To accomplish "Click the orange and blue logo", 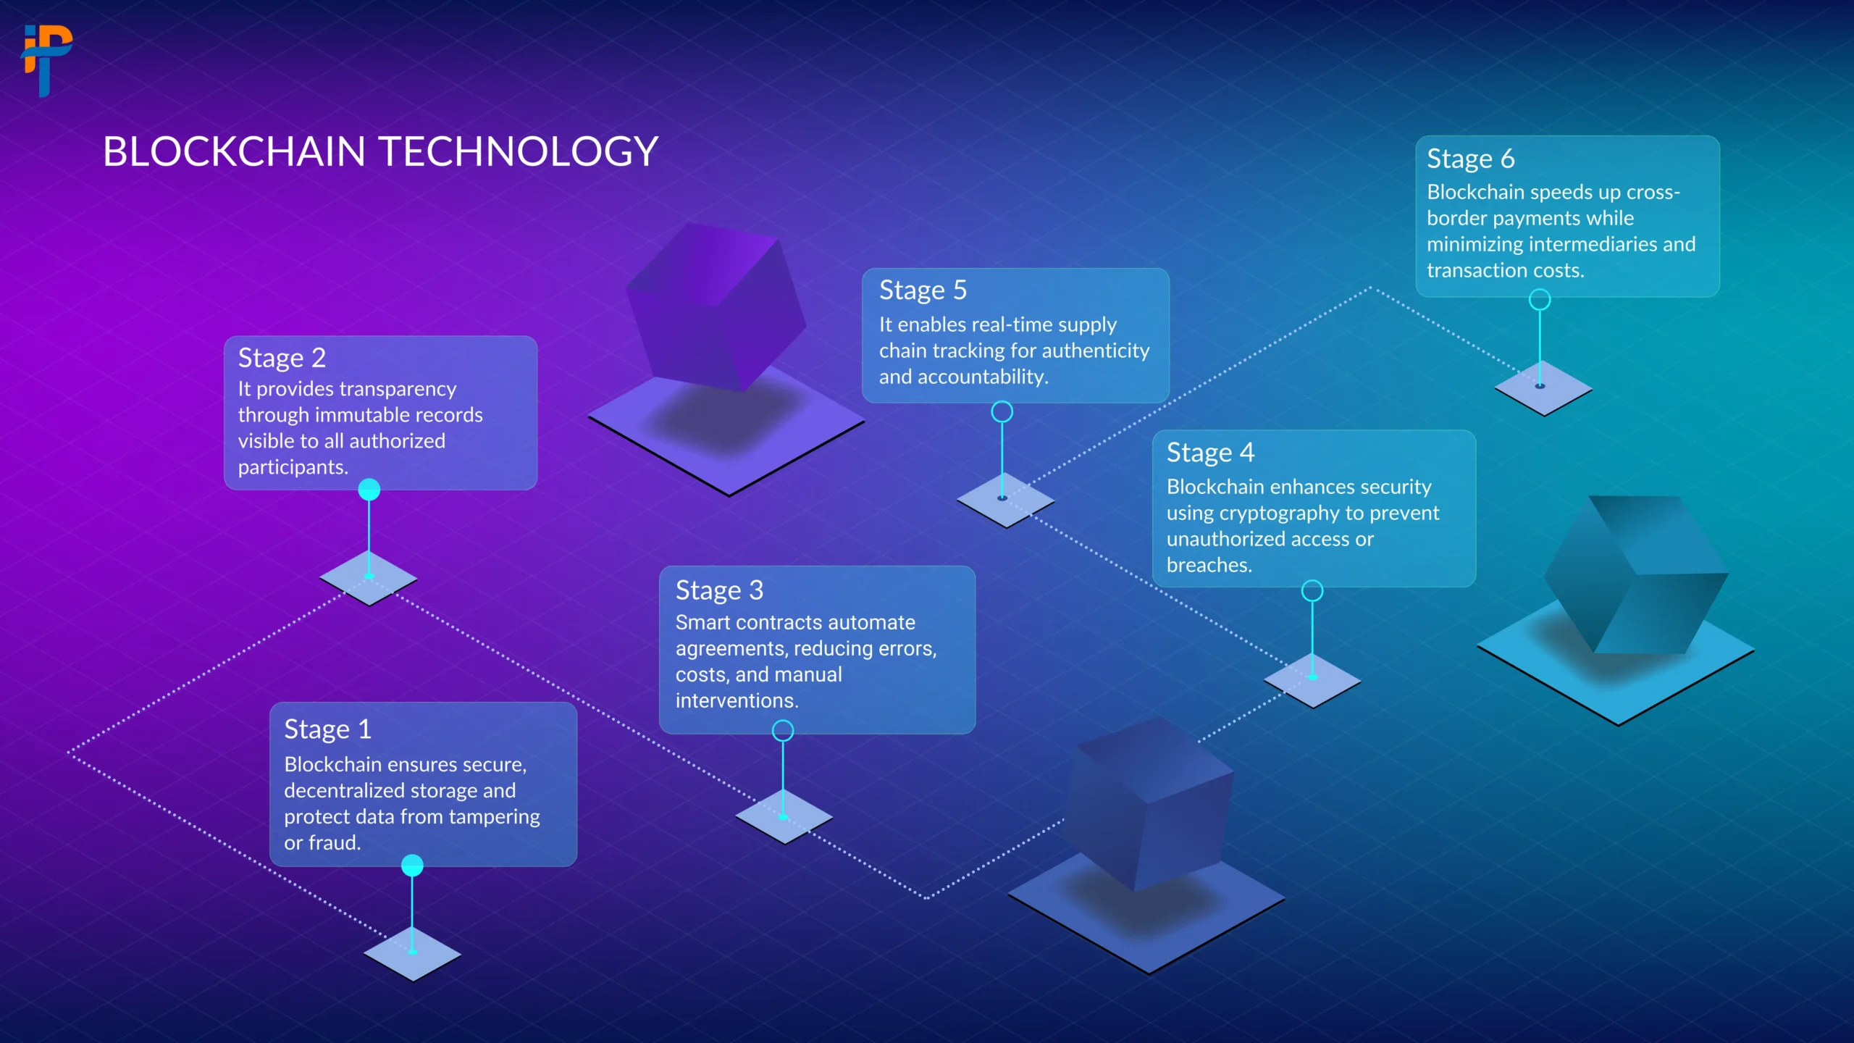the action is (x=47, y=61).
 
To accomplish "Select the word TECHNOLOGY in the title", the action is (x=519, y=151).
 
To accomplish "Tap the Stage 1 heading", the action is (x=327, y=729).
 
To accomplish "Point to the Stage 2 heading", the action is (x=282, y=358).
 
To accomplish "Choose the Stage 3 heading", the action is (x=719, y=590).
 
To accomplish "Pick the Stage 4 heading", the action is (x=1210, y=453).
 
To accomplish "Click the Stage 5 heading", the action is (x=923, y=290).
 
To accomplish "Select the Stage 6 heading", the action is (x=1471, y=159).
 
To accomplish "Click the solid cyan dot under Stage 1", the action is (x=412, y=865).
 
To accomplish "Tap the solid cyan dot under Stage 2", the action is (x=369, y=490).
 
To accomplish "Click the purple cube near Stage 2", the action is (x=716, y=306).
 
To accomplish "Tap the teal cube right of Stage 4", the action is (x=1636, y=574).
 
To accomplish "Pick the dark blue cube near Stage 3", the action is (x=1149, y=804).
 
